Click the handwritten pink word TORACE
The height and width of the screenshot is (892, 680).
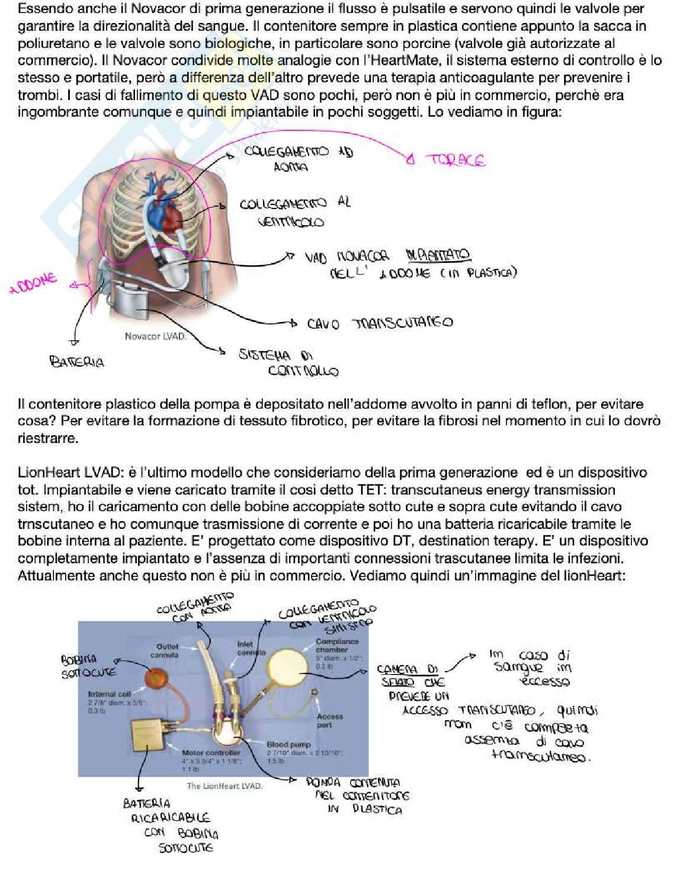point(455,161)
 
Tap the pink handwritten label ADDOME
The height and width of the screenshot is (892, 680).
point(34,284)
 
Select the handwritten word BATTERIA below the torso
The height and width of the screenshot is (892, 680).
point(76,361)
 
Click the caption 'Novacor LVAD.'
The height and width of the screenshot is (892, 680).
point(155,336)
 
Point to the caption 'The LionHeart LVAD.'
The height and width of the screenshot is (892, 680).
point(224,786)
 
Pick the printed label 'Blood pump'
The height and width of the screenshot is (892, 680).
point(288,744)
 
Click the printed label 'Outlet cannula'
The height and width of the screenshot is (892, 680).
point(166,650)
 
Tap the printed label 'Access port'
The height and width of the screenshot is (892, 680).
point(329,720)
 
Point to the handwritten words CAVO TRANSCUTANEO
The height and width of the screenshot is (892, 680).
point(379,323)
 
